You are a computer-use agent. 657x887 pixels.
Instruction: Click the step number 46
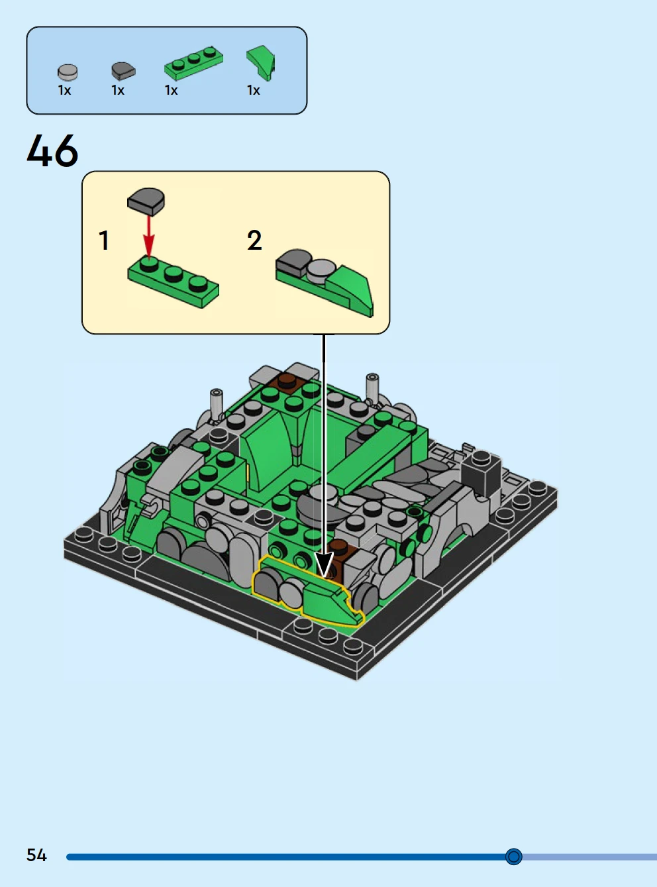pos(52,150)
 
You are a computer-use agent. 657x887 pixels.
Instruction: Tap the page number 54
pos(36,855)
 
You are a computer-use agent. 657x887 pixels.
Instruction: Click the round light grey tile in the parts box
pos(68,72)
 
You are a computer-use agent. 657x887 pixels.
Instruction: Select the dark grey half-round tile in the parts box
pos(123,71)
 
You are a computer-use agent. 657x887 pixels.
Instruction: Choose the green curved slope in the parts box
pos(261,63)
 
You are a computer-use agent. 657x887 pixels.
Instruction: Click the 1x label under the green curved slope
pos(254,90)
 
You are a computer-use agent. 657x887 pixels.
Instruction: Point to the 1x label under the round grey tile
pos(64,90)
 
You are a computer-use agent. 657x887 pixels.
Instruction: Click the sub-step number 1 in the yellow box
pos(104,240)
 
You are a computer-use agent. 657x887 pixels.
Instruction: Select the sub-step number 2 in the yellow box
pos(254,240)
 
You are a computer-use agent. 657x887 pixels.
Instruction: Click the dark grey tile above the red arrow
pos(146,201)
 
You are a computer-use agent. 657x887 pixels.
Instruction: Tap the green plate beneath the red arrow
pos(174,282)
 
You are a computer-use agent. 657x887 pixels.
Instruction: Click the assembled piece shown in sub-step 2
pos(325,282)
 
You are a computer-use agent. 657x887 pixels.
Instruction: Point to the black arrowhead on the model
pos(325,564)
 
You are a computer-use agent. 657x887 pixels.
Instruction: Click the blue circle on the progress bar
pos(513,857)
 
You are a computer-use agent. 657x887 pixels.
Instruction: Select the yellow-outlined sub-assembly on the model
pos(308,591)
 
